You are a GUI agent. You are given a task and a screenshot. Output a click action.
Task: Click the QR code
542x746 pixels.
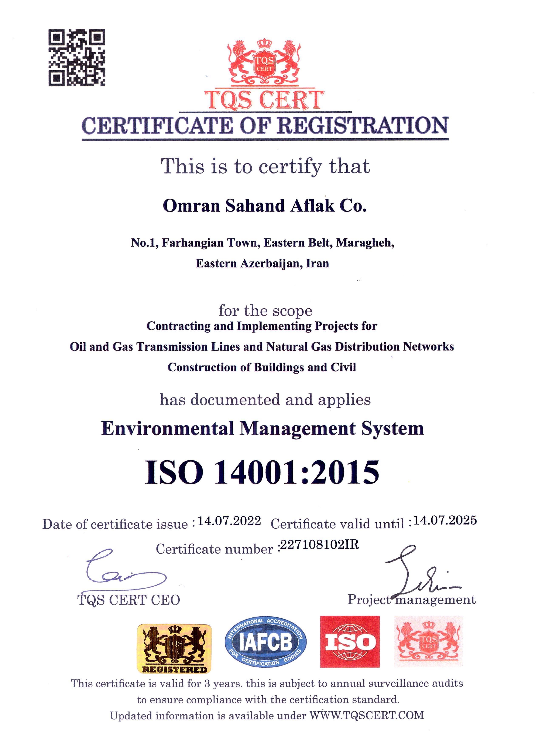(x=77, y=58)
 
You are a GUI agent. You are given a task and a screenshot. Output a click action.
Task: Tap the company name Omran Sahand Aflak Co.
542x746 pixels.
(x=265, y=206)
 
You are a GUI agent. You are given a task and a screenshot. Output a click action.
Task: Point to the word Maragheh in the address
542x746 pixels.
(x=365, y=243)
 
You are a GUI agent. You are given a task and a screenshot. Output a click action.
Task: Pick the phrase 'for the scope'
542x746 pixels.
(x=265, y=311)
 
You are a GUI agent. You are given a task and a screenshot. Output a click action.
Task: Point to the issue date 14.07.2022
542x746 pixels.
(x=229, y=521)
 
